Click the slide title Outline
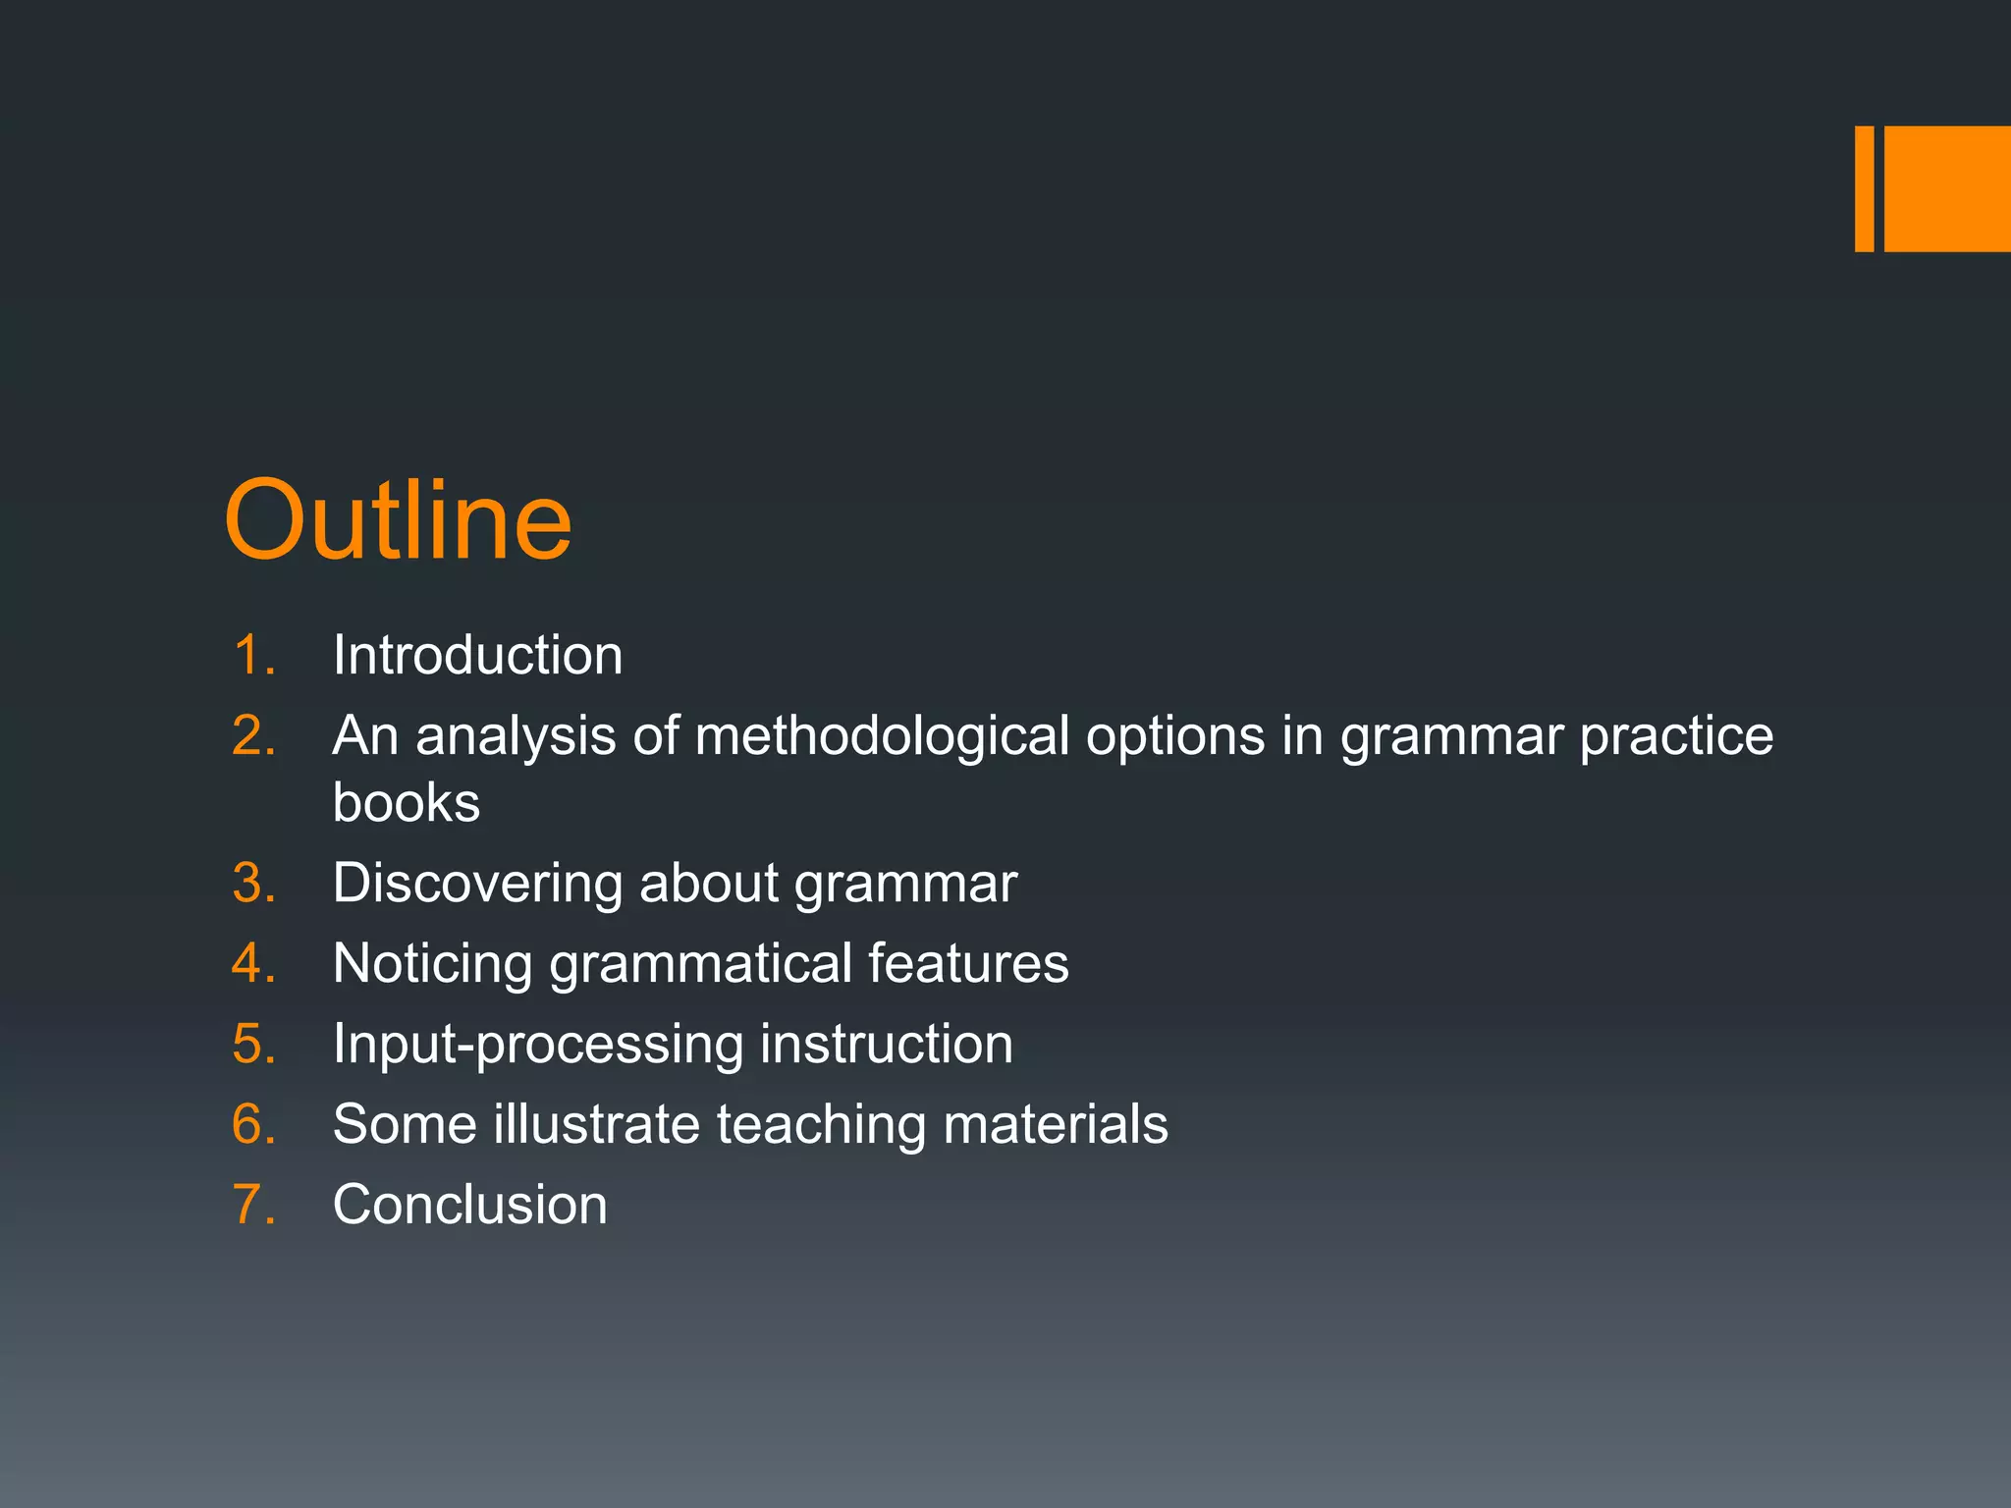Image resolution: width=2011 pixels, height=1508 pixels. [398, 520]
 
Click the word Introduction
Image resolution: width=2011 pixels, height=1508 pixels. [477, 655]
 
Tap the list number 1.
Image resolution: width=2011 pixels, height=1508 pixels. [253, 655]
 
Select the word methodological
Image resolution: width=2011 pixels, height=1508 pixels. [882, 735]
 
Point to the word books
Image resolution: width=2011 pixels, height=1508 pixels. [407, 802]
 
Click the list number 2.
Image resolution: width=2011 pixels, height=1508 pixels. [253, 735]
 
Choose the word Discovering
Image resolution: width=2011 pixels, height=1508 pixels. [477, 883]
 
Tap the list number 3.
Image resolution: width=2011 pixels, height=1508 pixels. [253, 883]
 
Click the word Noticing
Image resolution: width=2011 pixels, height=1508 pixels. [432, 963]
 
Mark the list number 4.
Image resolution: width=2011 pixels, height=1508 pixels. [253, 963]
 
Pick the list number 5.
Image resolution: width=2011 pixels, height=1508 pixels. [253, 1044]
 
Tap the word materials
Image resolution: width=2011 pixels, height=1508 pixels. [1056, 1124]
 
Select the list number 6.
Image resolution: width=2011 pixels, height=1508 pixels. [253, 1124]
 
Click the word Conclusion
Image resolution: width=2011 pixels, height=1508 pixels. [469, 1205]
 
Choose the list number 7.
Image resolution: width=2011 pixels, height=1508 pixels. [253, 1205]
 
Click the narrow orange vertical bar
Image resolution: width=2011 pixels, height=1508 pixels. [1864, 188]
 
